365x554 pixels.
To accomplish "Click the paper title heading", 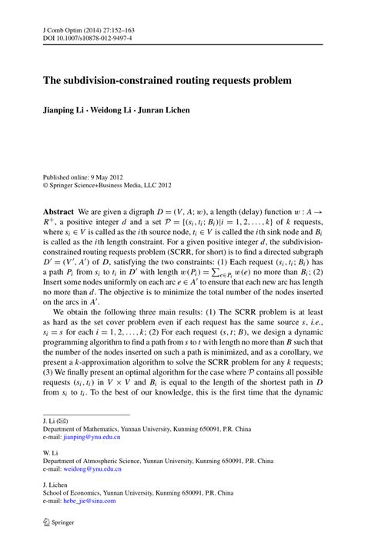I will tap(162, 79).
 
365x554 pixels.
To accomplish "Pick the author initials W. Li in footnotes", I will tap(36, 452).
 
